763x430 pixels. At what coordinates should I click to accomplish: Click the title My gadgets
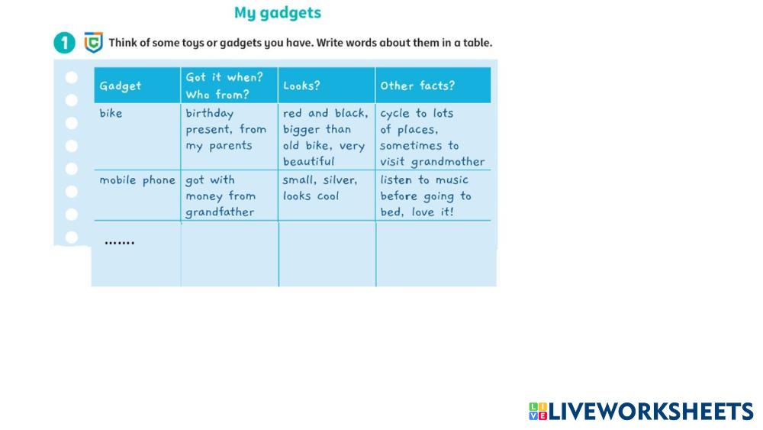click(278, 13)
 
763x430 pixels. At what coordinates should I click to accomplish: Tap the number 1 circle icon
click(64, 43)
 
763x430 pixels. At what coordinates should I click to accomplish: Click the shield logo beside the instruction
click(93, 42)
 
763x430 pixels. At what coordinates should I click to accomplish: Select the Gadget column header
click(121, 86)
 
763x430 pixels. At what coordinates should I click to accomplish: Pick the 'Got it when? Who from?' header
click(224, 86)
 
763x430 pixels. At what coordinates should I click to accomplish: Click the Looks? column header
click(301, 86)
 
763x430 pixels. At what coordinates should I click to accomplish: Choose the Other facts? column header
click(417, 86)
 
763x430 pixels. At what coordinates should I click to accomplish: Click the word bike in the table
click(111, 113)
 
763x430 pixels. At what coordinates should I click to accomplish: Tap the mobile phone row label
click(137, 180)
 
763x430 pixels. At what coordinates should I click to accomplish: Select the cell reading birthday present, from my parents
click(226, 130)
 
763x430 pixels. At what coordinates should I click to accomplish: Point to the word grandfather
click(220, 212)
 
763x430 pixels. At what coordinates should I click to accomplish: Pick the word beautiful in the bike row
click(308, 161)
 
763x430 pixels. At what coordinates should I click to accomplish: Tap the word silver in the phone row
click(340, 180)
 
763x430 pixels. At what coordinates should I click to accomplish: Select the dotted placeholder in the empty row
click(119, 243)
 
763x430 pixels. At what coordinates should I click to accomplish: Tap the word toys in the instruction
click(193, 44)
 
